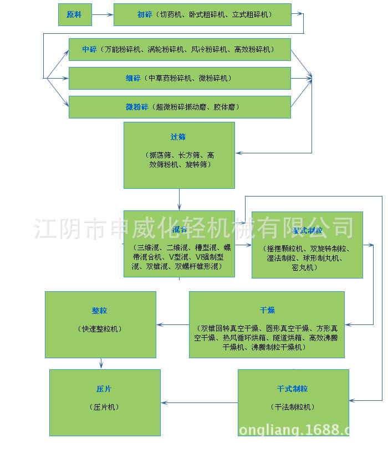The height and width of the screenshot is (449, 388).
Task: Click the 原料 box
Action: [74, 14]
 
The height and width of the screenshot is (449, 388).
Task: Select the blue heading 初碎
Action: [145, 14]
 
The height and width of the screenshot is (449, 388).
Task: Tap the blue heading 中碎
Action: [89, 49]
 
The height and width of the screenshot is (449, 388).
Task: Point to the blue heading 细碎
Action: [133, 78]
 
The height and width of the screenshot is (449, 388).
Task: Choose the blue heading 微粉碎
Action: [136, 107]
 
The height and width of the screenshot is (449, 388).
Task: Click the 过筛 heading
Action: [178, 136]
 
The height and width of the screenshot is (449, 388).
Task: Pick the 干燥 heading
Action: [267, 309]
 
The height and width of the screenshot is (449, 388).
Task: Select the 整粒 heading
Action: [100, 311]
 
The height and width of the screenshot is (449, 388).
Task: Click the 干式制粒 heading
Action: [293, 389]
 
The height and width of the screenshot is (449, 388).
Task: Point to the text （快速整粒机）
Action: [100, 329]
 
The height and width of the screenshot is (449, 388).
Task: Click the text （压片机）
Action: [104, 407]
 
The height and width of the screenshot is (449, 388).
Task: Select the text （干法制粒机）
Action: [293, 407]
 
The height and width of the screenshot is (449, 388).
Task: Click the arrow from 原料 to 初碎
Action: [102, 14]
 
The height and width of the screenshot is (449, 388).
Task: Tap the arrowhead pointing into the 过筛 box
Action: [239, 152]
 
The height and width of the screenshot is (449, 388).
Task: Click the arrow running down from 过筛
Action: [179, 199]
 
